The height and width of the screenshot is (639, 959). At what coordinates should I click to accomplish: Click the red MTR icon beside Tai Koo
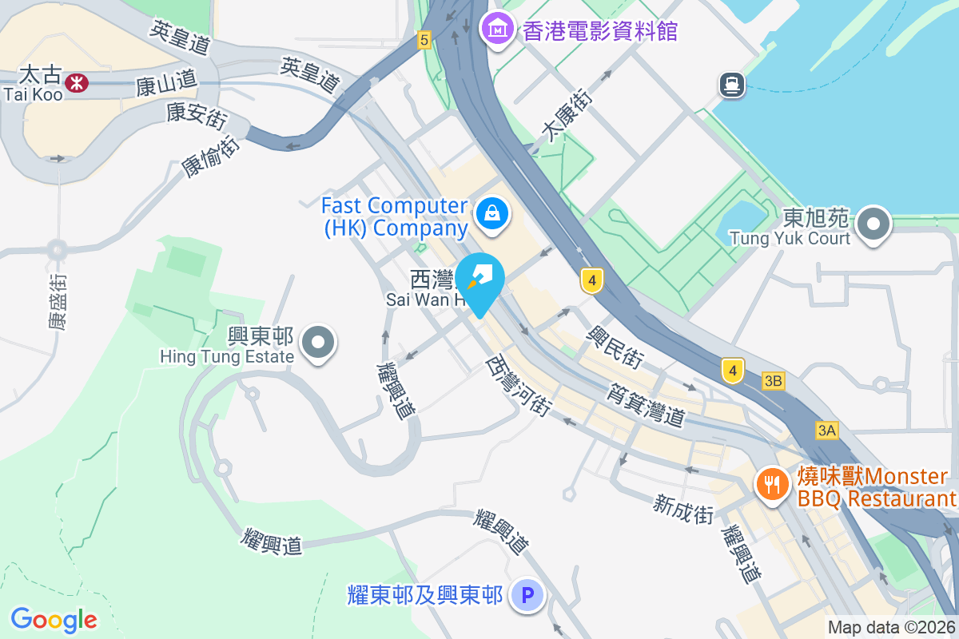click(x=77, y=82)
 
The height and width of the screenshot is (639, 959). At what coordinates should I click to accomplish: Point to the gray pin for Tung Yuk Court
click(x=874, y=224)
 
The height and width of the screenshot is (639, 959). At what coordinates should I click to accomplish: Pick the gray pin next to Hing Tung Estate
click(x=319, y=343)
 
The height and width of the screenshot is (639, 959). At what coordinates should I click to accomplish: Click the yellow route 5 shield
click(x=424, y=39)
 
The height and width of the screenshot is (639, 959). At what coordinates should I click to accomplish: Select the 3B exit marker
click(x=773, y=381)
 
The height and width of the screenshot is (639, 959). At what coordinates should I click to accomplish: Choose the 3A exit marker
click(x=827, y=431)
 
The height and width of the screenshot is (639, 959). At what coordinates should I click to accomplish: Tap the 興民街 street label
click(x=615, y=346)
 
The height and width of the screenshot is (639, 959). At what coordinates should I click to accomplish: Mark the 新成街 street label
click(x=682, y=509)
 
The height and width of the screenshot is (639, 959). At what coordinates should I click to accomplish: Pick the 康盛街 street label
click(x=58, y=302)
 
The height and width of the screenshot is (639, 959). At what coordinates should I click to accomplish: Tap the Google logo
click(x=54, y=619)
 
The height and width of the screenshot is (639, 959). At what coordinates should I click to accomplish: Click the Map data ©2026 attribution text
click(x=891, y=627)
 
